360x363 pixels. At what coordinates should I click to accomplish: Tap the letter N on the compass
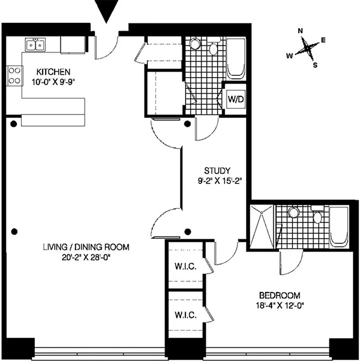coord(301,31)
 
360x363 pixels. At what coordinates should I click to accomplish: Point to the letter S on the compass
coord(315,64)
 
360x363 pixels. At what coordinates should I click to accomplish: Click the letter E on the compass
coord(323,40)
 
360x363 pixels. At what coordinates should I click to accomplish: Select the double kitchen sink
coord(35,45)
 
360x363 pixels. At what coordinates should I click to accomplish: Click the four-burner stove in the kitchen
coord(14,75)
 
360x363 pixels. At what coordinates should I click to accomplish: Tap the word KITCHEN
coord(53,72)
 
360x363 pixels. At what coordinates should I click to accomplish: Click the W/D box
coord(236,99)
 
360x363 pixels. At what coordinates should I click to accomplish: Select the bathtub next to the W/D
coord(236,59)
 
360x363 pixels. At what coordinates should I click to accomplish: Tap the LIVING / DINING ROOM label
coord(86,247)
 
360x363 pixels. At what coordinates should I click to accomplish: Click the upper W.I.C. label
coord(185,266)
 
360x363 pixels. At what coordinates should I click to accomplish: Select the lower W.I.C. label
coord(185,314)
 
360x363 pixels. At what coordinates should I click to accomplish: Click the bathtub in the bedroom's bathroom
coord(338,226)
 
